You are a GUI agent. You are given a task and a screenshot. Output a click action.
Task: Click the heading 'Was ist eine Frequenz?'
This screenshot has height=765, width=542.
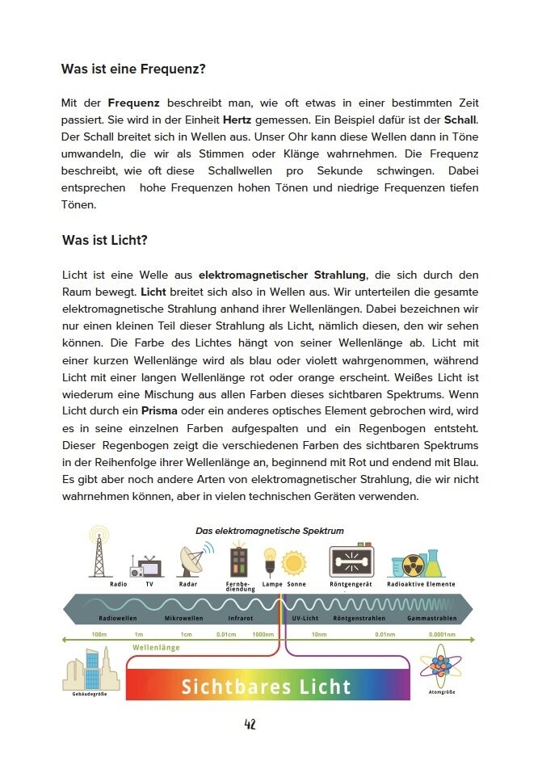pos(133,69)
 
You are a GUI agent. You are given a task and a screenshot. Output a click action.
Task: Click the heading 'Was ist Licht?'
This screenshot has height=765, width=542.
pos(104,241)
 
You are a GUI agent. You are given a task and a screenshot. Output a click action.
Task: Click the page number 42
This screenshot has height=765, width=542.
pos(250,724)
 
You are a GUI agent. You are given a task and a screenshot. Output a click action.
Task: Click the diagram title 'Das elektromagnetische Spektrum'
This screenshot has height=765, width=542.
pos(270,531)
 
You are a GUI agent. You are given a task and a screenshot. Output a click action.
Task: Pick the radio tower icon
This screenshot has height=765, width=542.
pos(99,552)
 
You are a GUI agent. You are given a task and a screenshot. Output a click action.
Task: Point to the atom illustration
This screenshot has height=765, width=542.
pos(440,666)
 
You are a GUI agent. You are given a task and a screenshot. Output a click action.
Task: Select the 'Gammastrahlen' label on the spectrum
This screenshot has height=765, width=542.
pos(432,618)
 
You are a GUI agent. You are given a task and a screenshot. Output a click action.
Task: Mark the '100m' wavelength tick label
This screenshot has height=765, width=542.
pos(99,634)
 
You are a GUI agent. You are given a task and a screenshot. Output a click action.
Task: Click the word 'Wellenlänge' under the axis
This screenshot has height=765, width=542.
pos(156,647)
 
